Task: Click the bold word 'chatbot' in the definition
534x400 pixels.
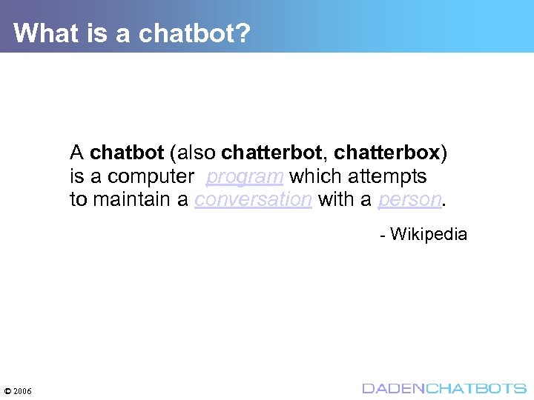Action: tap(127, 153)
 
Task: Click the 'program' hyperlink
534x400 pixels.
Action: tap(245, 176)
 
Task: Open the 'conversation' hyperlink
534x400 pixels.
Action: tap(253, 200)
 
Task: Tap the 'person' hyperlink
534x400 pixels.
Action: tap(409, 200)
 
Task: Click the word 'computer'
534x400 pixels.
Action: tap(151, 176)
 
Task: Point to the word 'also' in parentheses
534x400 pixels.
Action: tap(196, 153)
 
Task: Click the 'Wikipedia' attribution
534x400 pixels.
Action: tap(429, 235)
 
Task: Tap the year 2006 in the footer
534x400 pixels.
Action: tap(22, 390)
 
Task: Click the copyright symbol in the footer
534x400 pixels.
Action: tap(7, 390)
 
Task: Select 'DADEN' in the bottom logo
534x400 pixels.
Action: tap(392, 388)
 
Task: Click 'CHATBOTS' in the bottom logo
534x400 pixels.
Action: tap(475, 388)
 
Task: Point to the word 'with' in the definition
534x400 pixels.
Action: tap(334, 200)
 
